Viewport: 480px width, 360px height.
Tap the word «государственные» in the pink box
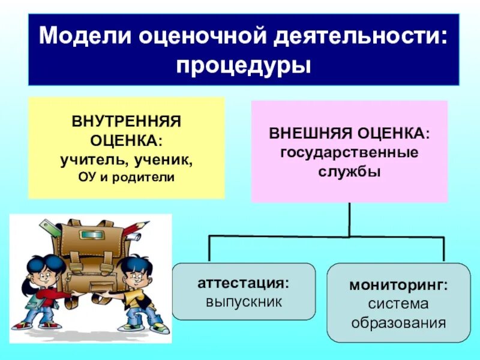coord(349,151)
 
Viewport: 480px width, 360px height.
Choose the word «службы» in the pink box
coord(349,171)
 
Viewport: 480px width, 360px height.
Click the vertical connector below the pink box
coord(349,219)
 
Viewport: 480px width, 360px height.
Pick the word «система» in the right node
coord(398,304)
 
